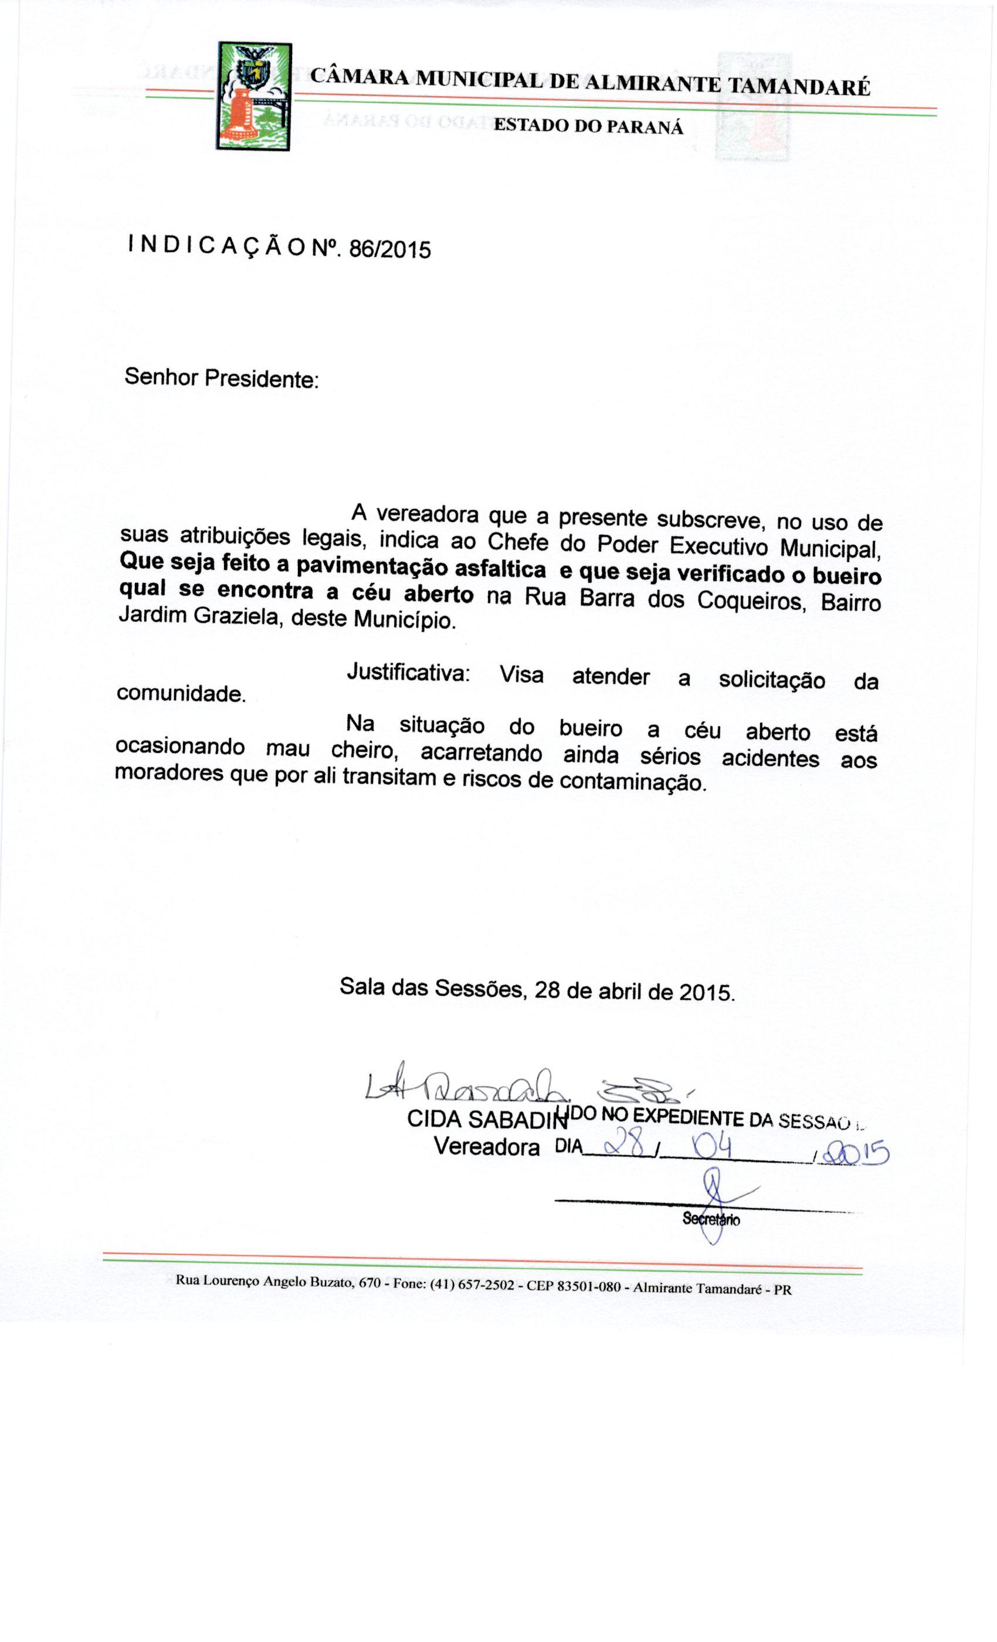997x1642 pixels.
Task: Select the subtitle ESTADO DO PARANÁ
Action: click(x=588, y=127)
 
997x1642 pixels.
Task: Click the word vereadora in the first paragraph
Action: click(x=427, y=515)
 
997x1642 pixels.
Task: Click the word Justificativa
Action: click(x=408, y=673)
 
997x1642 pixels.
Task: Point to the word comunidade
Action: click(x=181, y=694)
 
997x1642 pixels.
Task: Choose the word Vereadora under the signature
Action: click(x=487, y=1147)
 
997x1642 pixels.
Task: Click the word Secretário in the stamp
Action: click(x=710, y=1220)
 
